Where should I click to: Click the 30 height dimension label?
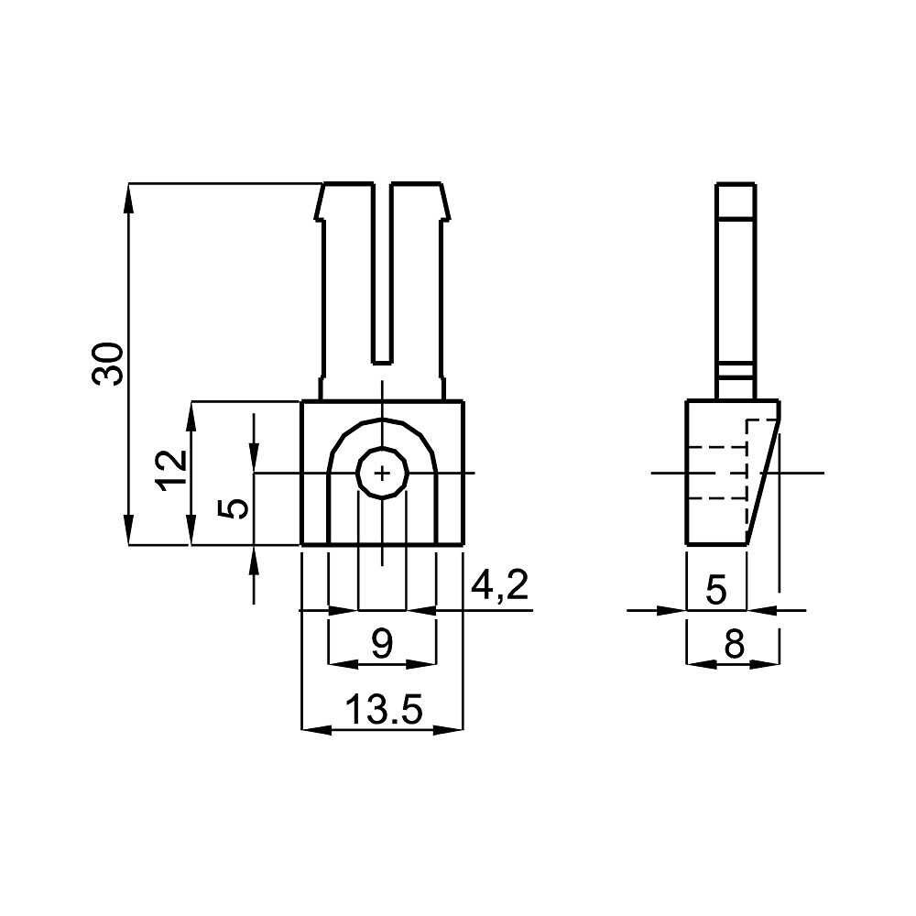coord(108,364)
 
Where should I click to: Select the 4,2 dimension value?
coord(499,586)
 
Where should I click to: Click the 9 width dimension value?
coord(382,644)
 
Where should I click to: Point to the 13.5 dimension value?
coord(383,709)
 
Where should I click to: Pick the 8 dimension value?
coord(734,644)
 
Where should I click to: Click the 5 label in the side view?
coord(716,589)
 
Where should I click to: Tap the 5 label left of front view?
coord(233,508)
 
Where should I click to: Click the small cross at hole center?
coord(382,474)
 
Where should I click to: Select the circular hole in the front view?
coord(382,474)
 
